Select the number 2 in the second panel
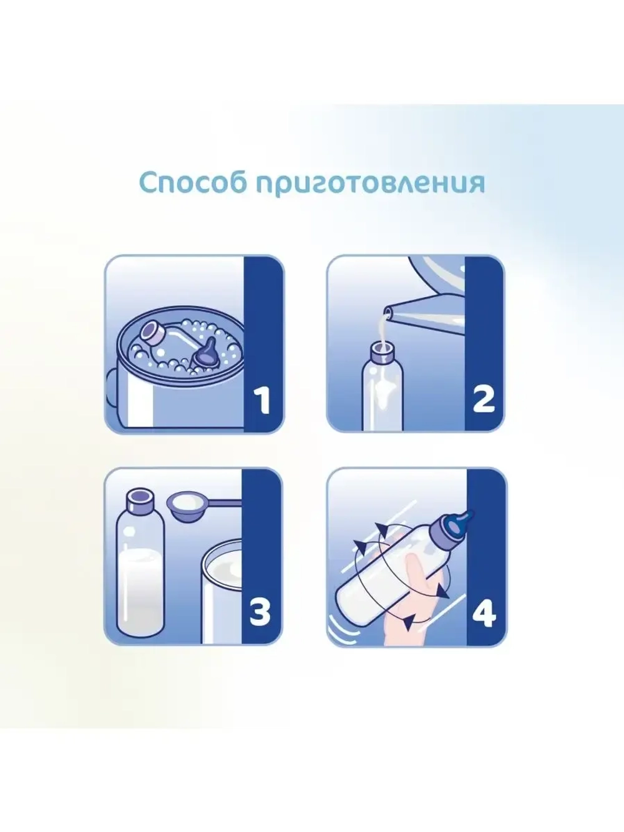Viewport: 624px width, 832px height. click(x=484, y=398)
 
